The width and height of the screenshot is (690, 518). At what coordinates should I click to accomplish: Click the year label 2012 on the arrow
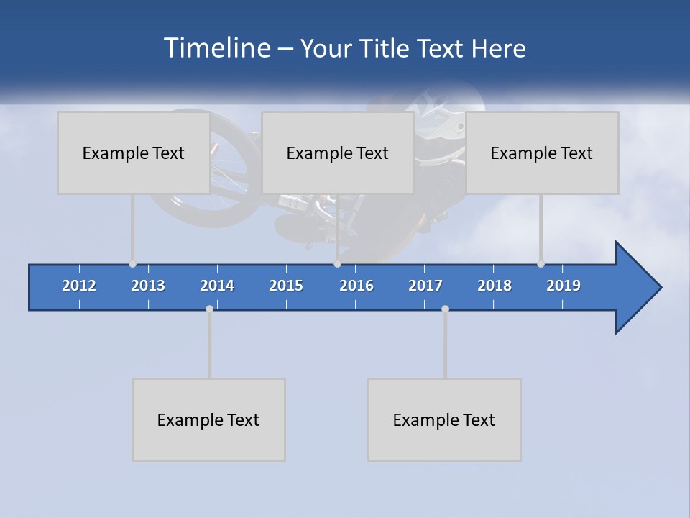79,286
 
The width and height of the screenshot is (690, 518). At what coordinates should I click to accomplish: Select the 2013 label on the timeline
148,286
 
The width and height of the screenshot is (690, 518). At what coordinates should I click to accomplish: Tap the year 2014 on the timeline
217,286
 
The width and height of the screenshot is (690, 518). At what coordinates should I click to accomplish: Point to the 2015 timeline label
286,286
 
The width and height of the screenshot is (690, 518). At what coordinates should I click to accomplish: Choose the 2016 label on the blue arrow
356,286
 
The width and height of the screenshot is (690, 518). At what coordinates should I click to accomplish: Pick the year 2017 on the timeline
425,286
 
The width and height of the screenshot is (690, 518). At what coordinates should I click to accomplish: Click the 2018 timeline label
494,286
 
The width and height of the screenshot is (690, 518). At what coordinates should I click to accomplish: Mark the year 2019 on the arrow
563,286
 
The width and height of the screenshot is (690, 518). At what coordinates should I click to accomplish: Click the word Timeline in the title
216,48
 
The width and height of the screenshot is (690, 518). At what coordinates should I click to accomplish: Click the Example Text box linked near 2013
134,153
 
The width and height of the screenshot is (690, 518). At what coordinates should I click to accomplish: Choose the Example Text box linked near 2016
338,153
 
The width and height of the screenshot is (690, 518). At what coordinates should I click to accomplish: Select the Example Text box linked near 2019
542,153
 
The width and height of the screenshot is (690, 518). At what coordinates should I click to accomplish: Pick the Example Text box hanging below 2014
208,419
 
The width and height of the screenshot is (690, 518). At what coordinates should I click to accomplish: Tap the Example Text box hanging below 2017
444,419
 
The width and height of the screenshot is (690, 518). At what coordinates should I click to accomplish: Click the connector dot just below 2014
209,309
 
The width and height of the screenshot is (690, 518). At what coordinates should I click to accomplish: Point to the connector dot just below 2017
445,309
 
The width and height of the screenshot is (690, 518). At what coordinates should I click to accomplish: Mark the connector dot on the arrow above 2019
540,264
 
